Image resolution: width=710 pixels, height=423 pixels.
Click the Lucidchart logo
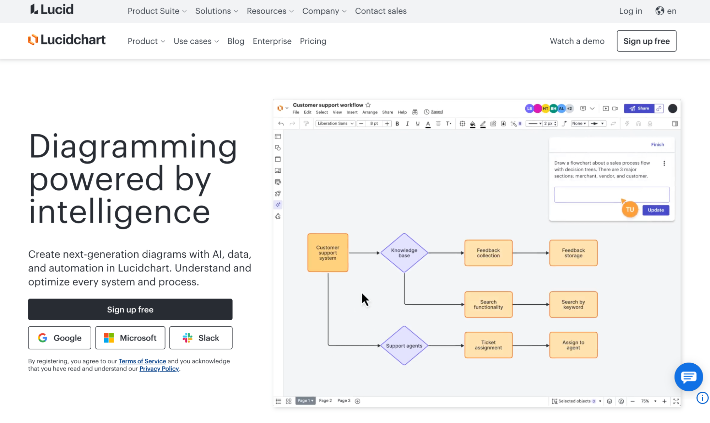point(67,40)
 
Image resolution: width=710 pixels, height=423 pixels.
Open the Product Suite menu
point(157,11)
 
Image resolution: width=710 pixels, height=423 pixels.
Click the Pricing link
point(313,41)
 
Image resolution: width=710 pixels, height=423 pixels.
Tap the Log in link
point(630,11)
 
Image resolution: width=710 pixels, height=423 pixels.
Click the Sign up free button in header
point(646,41)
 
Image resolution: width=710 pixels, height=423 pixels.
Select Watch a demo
point(577,41)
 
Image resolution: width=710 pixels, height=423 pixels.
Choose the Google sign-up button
point(60,338)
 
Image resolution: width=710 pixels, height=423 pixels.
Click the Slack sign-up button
point(201,338)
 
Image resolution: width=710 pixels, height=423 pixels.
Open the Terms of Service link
point(142,361)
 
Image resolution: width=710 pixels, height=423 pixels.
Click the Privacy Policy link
point(159,369)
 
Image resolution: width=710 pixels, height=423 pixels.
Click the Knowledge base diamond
point(404,253)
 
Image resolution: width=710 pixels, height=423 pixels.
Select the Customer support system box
point(327,253)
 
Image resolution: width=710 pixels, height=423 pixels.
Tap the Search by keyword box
point(573,305)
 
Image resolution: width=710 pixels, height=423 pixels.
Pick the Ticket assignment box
point(488,345)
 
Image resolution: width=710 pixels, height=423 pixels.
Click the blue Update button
point(655,210)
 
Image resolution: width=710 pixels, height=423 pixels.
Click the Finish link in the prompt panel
point(657,145)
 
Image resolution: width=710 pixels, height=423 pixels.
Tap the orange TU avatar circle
point(630,210)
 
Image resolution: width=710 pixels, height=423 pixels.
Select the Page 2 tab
point(325,401)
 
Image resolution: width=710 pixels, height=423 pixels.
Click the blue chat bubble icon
point(688,377)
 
